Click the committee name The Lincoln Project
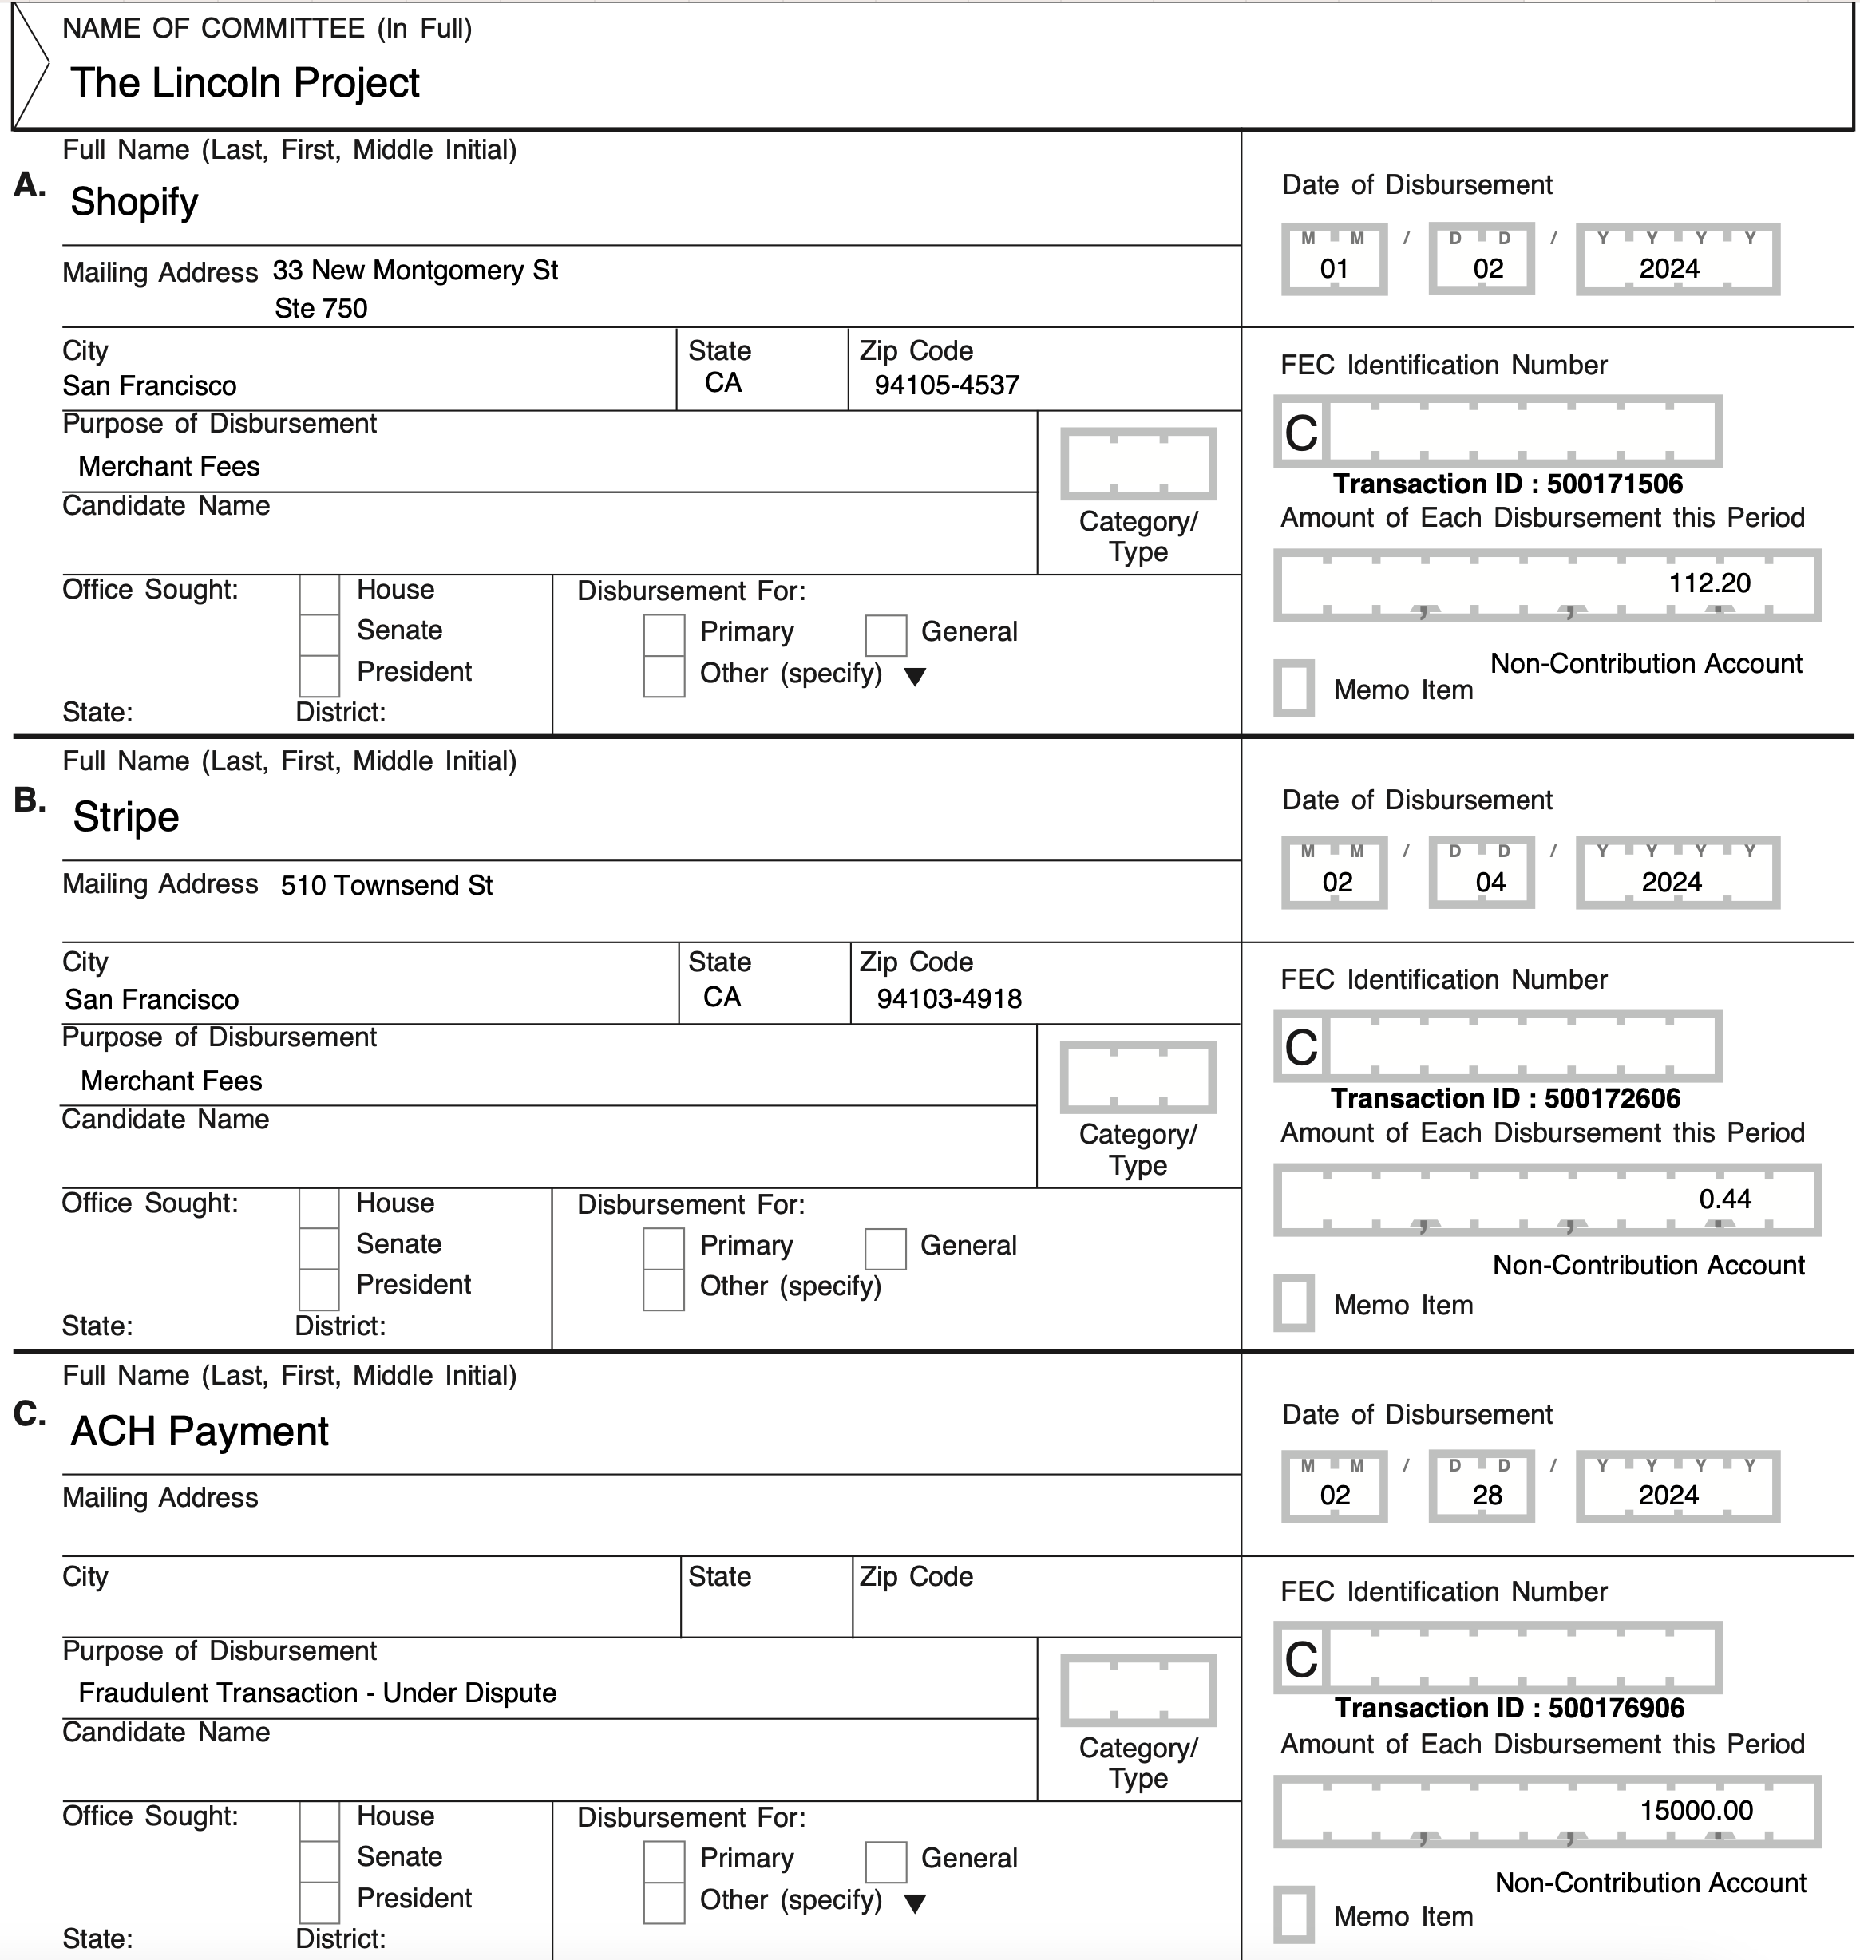pyautogui.click(x=245, y=83)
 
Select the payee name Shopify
pyautogui.click(x=134, y=202)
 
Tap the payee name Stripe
pyautogui.click(x=126, y=818)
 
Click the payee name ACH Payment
pyautogui.click(x=200, y=1432)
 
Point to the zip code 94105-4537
pyautogui.click(x=946, y=385)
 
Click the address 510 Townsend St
pyautogui.click(x=386, y=885)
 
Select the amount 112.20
pyautogui.click(x=1708, y=583)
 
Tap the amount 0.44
pyautogui.click(x=1724, y=1199)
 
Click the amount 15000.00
pyautogui.click(x=1696, y=1810)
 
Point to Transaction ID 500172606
pyautogui.click(x=1504, y=1098)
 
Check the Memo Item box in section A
pyautogui.click(x=1294, y=688)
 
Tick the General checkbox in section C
pyautogui.click(x=885, y=1862)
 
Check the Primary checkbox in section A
pyautogui.click(x=663, y=635)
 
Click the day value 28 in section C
pyautogui.click(x=1486, y=1495)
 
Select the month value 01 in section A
pyautogui.click(x=1333, y=269)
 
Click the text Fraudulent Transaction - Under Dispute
pyautogui.click(x=317, y=1693)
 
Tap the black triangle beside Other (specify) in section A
pyautogui.click(x=915, y=677)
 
